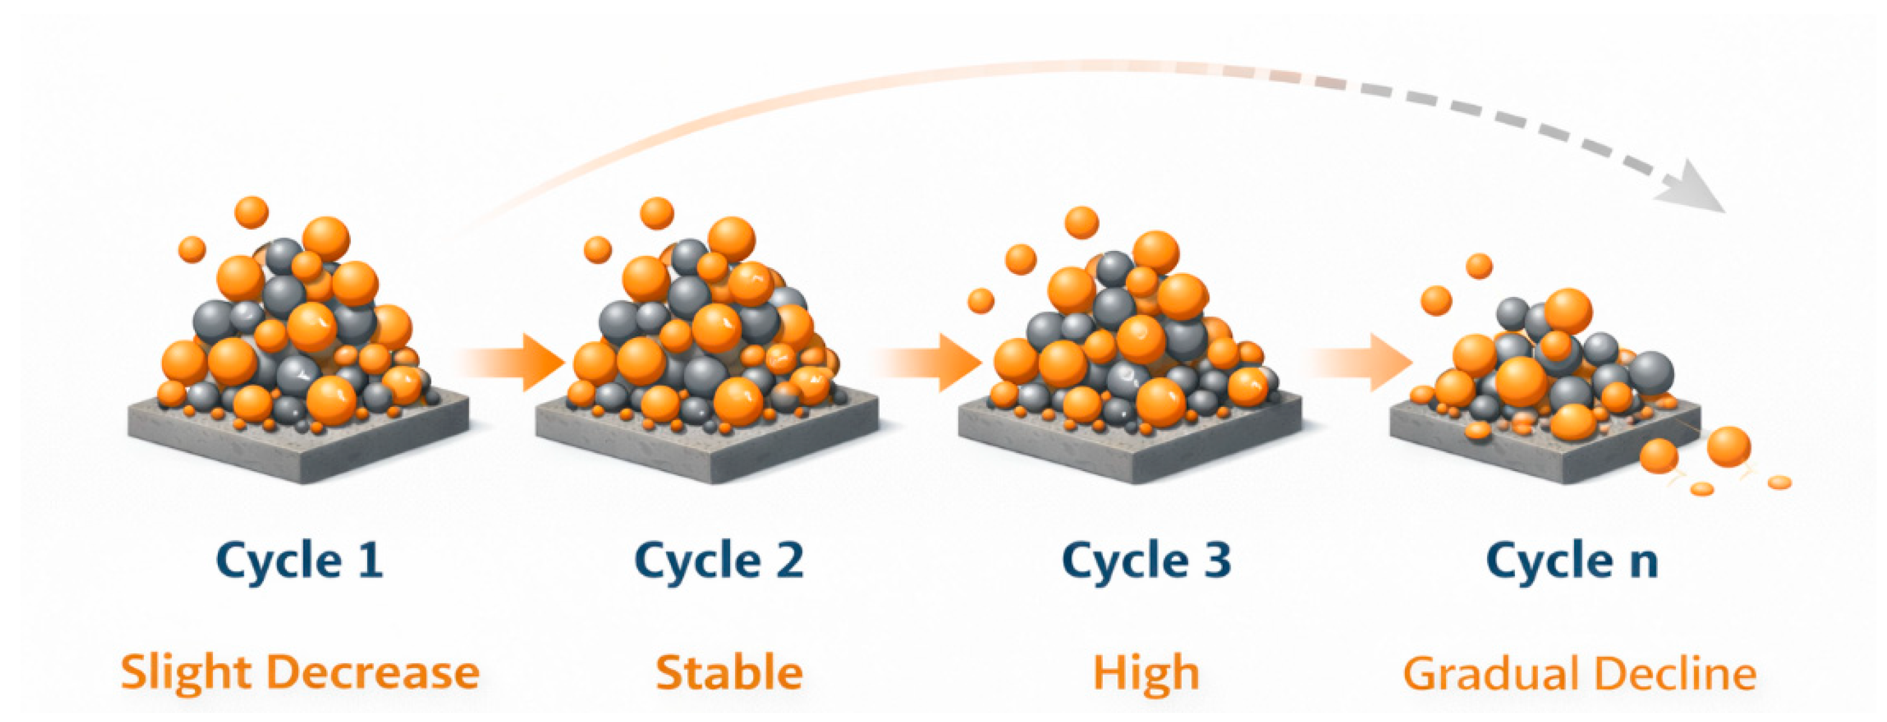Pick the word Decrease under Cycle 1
[x=373, y=673]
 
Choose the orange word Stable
[x=729, y=673]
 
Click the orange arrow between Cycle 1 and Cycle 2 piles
[x=509, y=362]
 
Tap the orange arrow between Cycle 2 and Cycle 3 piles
[x=927, y=362]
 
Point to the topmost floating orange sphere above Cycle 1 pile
[x=251, y=212]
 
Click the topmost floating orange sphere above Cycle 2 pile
[x=657, y=213]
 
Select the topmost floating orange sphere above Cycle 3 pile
[x=1082, y=223]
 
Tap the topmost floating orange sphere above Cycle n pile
[x=1479, y=266]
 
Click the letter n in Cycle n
[x=1643, y=565]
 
